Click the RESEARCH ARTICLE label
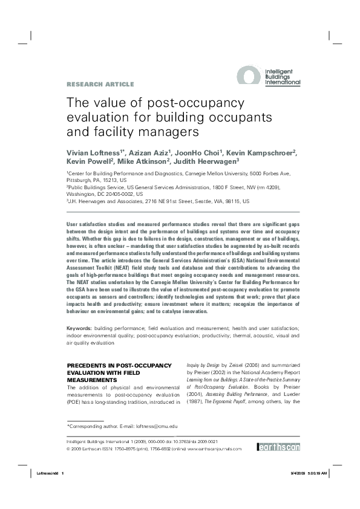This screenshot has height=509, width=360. coord(100,84)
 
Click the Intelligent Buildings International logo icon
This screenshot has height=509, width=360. coord(248,77)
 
